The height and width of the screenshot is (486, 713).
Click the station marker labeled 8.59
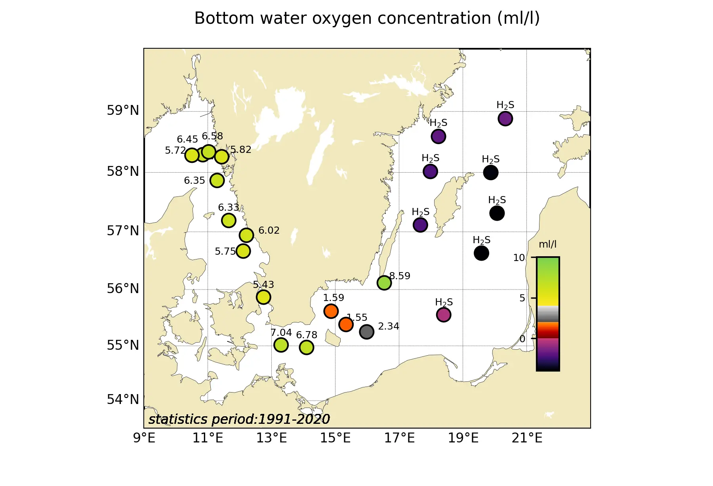[x=384, y=283]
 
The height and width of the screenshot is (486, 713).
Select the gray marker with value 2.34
[x=366, y=332]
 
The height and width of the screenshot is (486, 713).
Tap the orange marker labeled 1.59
[x=331, y=311]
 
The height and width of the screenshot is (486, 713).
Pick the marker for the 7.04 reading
[x=281, y=345]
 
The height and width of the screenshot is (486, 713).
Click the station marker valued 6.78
[x=307, y=347]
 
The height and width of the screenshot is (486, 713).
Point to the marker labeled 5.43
[x=263, y=297]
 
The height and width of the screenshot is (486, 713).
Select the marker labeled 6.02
[x=246, y=235]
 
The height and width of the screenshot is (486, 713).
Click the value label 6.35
[x=194, y=181]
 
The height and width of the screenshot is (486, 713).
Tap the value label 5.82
[x=241, y=150]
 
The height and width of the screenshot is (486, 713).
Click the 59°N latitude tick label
[x=123, y=111]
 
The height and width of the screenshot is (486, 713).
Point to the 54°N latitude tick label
[x=123, y=400]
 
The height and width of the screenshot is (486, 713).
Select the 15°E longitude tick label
[x=335, y=438]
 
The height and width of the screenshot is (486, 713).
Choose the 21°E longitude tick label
[x=527, y=438]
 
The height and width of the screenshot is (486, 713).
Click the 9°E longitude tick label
[x=144, y=438]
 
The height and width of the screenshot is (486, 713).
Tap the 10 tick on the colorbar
[x=519, y=258]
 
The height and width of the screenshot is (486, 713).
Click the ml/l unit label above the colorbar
[x=547, y=244]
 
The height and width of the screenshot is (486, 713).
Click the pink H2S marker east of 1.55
[x=444, y=315]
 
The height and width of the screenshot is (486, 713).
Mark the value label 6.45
[x=187, y=139]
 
